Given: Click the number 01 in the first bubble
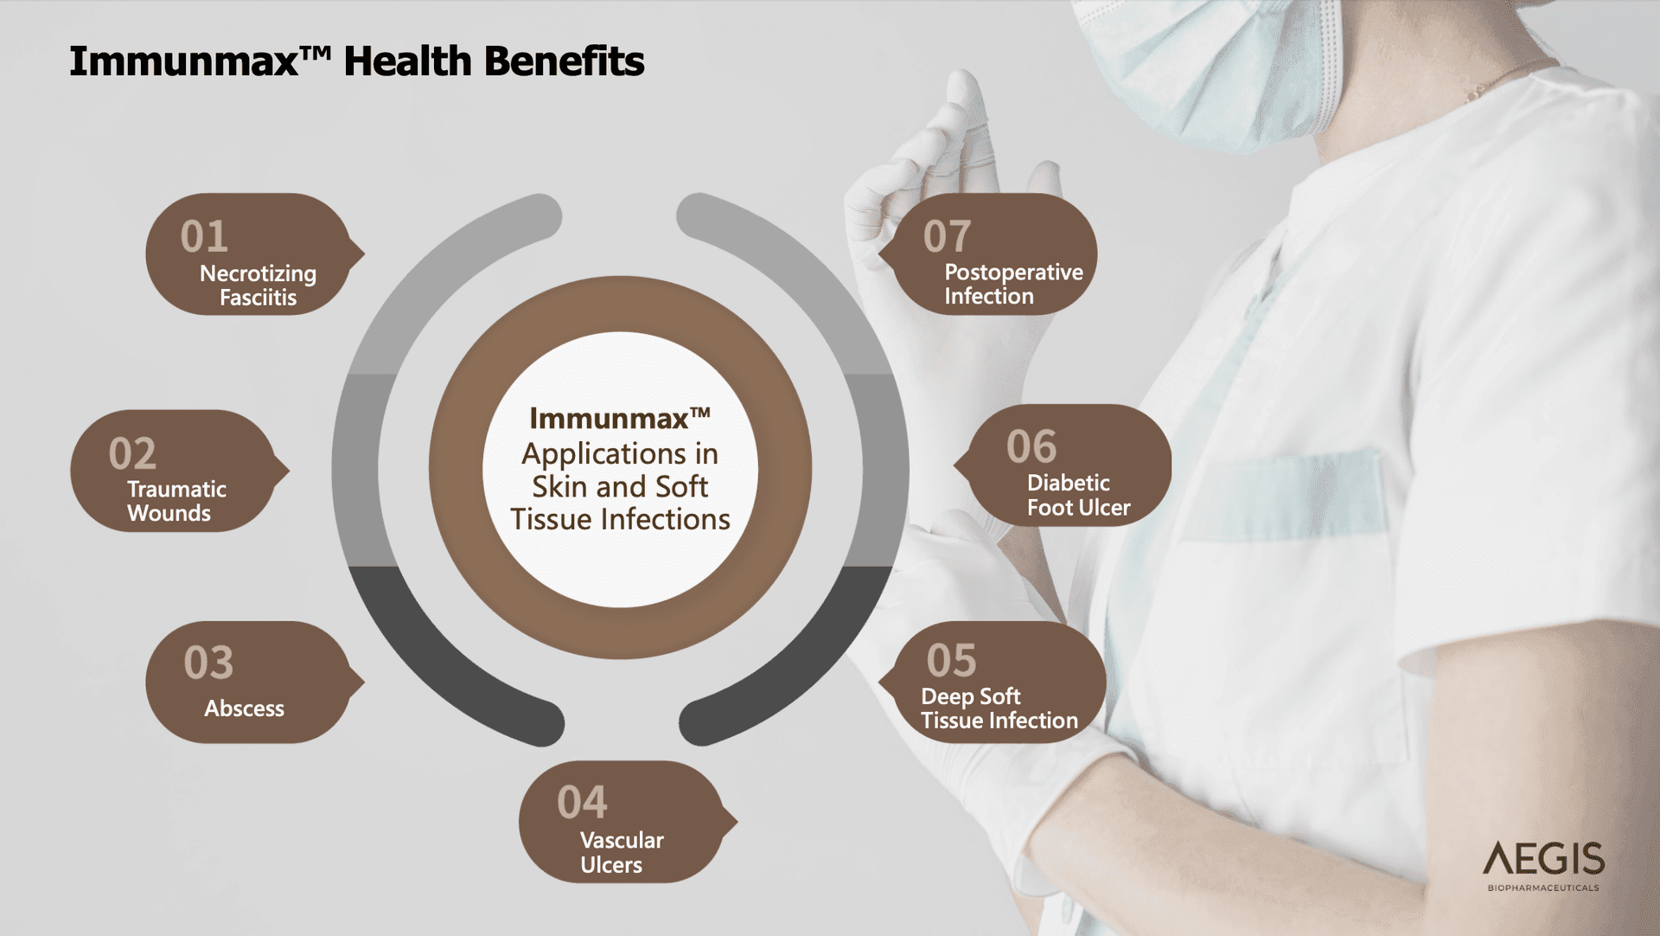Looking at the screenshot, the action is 204,236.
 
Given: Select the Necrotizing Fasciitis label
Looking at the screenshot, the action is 258,285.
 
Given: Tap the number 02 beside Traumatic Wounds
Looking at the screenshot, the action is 132,453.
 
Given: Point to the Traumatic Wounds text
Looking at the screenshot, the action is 176,501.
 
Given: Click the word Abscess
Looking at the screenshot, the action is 244,708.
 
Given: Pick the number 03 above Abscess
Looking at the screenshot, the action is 208,663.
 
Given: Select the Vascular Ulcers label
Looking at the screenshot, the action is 622,852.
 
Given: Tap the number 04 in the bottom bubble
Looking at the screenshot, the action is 582,802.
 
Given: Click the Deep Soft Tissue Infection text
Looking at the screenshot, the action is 999,708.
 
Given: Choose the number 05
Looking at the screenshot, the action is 951,661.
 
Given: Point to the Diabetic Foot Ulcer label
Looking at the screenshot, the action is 1078,495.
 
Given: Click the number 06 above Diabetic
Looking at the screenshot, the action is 1031,446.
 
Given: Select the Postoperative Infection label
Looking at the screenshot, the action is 1013,284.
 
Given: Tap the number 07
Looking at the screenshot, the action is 947,236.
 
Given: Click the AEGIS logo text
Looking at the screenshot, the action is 1543,859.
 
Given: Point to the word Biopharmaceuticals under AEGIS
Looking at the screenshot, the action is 1543,888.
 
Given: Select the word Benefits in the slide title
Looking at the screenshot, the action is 564,61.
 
